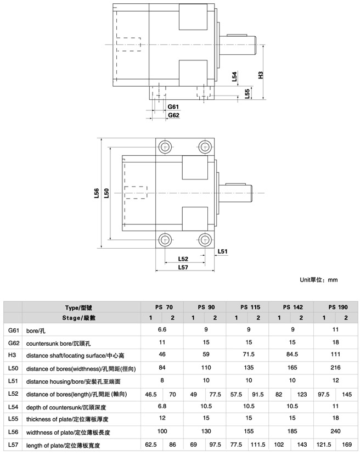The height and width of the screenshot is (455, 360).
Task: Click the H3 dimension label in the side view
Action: pyautogui.click(x=261, y=75)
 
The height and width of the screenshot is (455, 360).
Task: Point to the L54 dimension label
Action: pyautogui.click(x=234, y=76)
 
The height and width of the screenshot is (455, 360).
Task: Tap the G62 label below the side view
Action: pyautogui.click(x=173, y=115)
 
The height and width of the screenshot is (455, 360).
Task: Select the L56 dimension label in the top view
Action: pyautogui.click(x=97, y=193)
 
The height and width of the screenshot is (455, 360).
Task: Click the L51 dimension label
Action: pyautogui.click(x=222, y=251)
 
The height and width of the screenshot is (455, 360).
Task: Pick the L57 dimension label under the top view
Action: pyautogui.click(x=183, y=267)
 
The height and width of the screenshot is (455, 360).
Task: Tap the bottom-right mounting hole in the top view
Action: pyautogui.click(x=205, y=240)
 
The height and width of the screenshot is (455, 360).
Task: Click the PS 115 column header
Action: pyautogui.click(x=250, y=307)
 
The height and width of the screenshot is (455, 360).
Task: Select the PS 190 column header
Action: pyautogui.click(x=338, y=307)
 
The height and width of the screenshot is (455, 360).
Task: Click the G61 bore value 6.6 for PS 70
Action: pyautogui.click(x=162, y=329)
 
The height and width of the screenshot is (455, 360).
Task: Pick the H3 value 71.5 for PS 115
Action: pyautogui.click(x=249, y=355)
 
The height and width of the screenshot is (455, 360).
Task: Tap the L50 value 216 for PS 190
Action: pyautogui.click(x=335, y=368)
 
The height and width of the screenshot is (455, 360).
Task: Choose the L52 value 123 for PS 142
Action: pyautogui.click(x=302, y=395)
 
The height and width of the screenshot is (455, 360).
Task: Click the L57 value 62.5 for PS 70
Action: pyautogui.click(x=151, y=445)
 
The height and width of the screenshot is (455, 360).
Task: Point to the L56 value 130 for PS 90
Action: pyautogui.click(x=206, y=431)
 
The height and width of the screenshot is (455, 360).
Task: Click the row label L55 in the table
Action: pyautogui.click(x=13, y=419)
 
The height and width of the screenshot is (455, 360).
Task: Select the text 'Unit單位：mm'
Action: pyautogui.click(x=318, y=280)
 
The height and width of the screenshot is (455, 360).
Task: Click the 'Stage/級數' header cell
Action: pyautogui.click(x=78, y=318)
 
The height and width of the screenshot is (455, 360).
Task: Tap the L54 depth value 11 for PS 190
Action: pyautogui.click(x=335, y=406)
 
